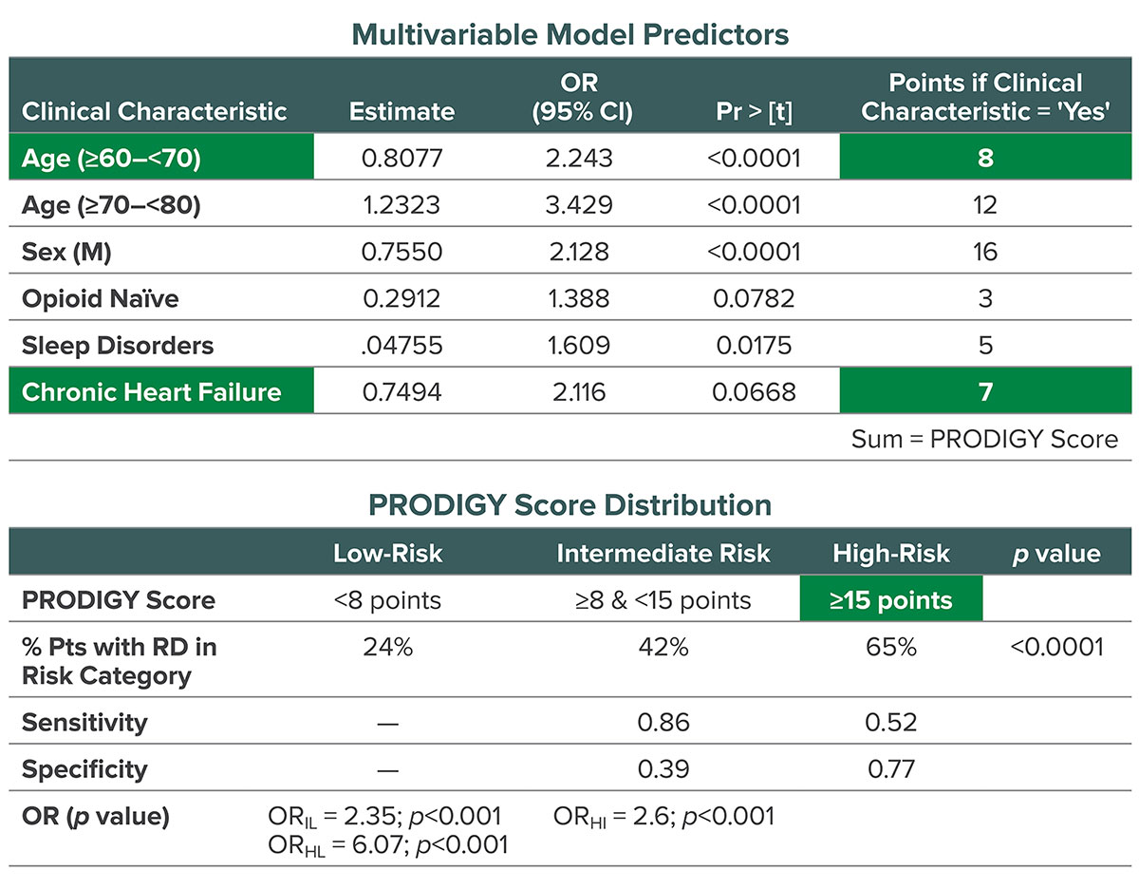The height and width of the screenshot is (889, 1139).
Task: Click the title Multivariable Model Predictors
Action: (569, 34)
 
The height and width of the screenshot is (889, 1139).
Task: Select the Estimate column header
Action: (401, 111)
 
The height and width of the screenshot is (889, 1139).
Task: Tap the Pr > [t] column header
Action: (754, 111)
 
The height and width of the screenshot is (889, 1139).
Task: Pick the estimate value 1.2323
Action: (401, 204)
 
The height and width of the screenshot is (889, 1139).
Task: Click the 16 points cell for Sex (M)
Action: (984, 251)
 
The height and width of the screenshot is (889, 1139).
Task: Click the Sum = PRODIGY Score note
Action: (984, 439)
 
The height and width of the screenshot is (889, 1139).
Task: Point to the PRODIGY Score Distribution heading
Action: (569, 504)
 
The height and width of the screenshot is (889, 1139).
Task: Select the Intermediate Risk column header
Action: (663, 553)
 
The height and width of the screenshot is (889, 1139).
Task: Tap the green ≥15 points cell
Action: (890, 600)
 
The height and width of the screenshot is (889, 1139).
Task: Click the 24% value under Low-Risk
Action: (388, 647)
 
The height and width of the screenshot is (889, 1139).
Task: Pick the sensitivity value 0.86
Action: (663, 722)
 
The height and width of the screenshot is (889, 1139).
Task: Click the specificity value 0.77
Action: (890, 768)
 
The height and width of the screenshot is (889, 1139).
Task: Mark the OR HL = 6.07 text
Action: (388, 843)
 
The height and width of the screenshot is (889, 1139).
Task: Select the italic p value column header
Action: (1056, 553)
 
